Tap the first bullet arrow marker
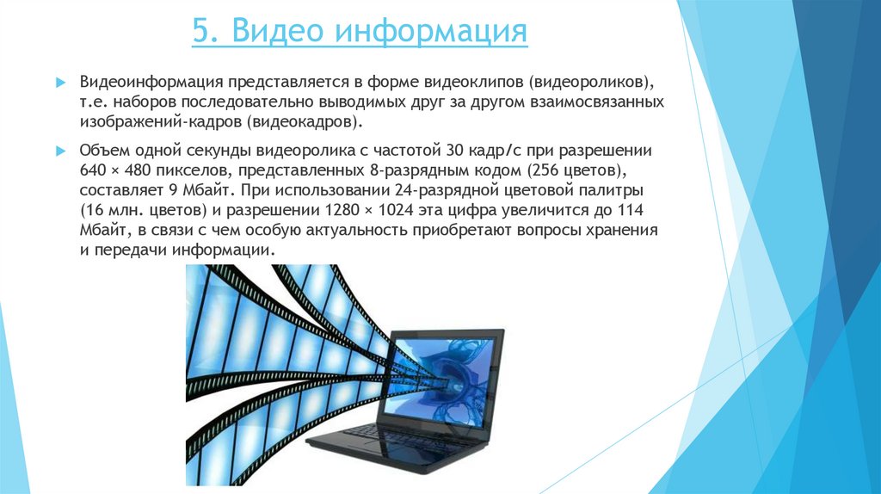click(61, 82)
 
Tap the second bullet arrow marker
click(61, 148)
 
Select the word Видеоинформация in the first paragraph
click(152, 82)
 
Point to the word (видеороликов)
click(592, 82)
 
